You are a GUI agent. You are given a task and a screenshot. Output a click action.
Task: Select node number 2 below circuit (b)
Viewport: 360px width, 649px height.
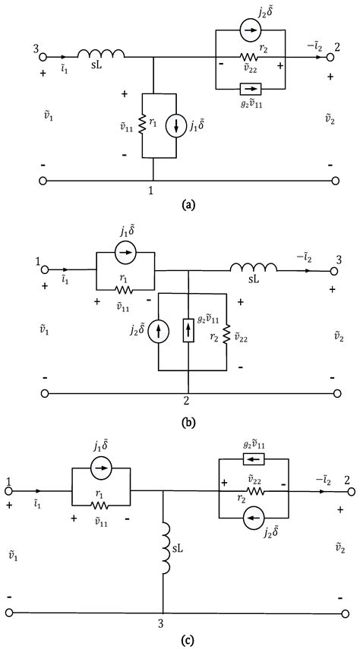[187, 401]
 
